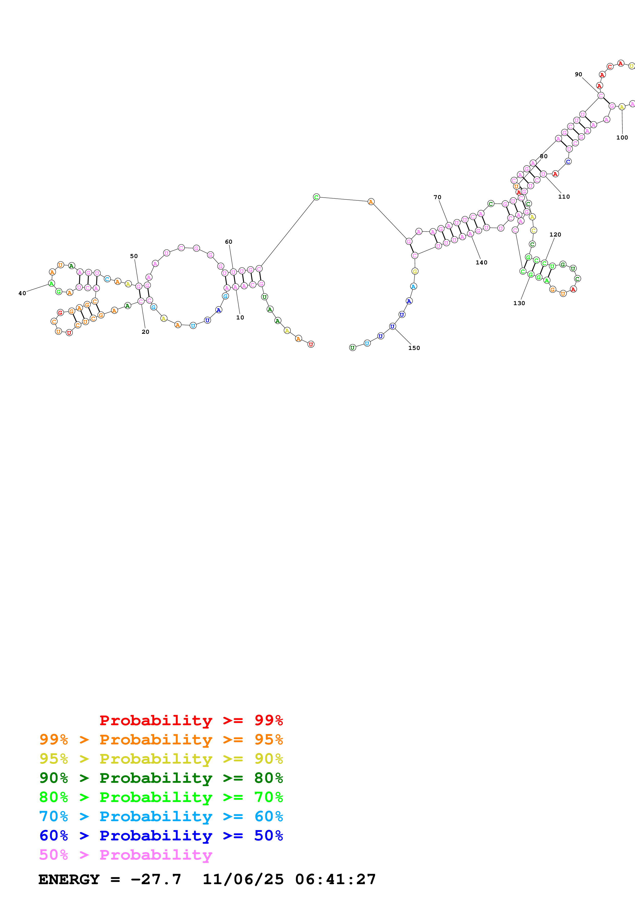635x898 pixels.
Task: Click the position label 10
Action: tap(240, 318)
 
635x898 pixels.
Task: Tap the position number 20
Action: tap(145, 332)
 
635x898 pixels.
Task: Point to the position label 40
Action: tap(22, 293)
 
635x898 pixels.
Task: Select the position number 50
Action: tap(134, 256)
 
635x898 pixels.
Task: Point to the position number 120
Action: tap(555, 235)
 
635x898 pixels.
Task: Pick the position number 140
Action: tap(481, 262)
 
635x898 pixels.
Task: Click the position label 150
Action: tap(414, 348)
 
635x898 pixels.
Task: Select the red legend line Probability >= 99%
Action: tap(191, 720)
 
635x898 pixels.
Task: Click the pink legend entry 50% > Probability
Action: tap(126, 854)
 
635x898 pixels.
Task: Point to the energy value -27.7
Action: tap(156, 879)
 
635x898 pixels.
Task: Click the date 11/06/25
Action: tap(243, 879)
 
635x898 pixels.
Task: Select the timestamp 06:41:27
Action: tap(335, 879)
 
